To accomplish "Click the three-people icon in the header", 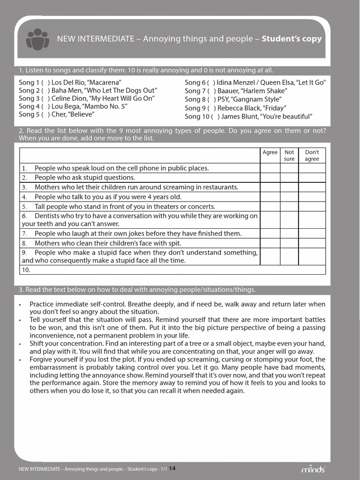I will pos(37,39).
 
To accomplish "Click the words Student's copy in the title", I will pos(292,39).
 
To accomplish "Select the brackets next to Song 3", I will pos(45,98).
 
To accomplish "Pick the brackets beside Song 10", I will pos(216,116).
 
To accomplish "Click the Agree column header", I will pos(270,152).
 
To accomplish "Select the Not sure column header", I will pos(289,156).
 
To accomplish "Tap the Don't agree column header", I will pos(312,156).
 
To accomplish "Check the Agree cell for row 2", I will pos(270,178).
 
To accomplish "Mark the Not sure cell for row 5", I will pos(289,207).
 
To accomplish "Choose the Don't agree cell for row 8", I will pos(312,243).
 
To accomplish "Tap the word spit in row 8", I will pos(174,243).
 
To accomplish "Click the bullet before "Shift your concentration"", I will pos(20,344).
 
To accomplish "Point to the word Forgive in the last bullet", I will pos(42,360).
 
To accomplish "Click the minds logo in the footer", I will pos(313,469).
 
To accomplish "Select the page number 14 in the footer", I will pos(172,468).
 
